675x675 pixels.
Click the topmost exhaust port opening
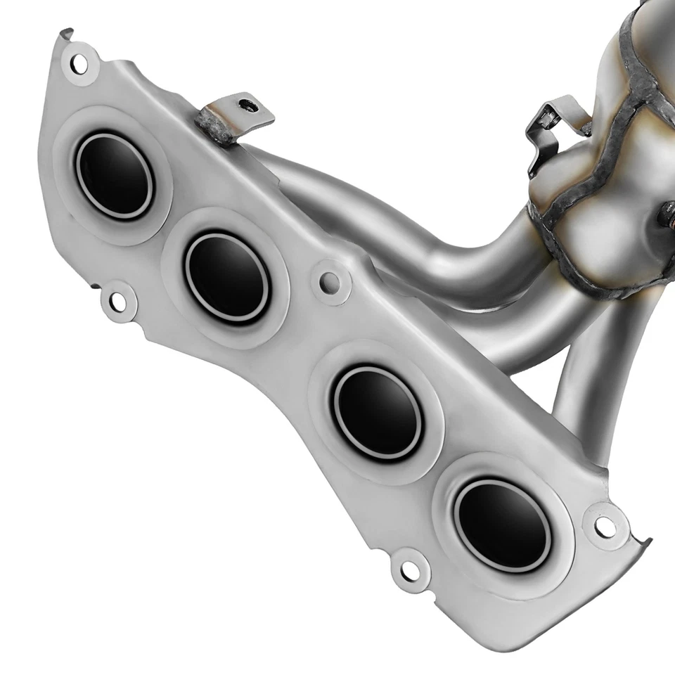(x=114, y=175)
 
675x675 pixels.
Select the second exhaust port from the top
(x=226, y=276)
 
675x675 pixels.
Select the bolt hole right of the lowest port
(x=603, y=525)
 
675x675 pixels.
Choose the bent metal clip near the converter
(x=552, y=134)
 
